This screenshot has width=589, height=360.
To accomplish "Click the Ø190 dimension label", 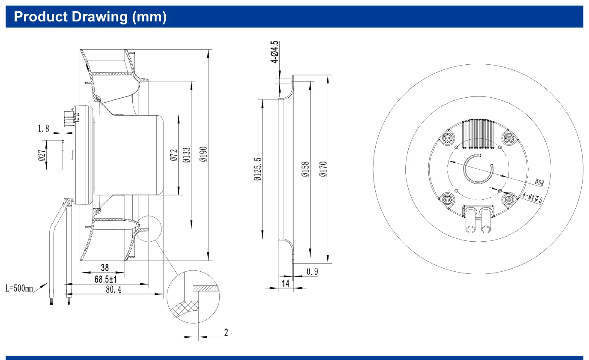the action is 203,154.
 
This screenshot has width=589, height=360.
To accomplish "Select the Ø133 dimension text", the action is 186,155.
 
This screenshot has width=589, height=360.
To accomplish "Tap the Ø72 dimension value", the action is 174,155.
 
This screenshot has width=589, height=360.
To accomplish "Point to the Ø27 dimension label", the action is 42,155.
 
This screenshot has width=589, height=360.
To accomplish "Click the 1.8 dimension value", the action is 43,129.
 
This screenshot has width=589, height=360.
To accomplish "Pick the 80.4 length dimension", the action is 114,289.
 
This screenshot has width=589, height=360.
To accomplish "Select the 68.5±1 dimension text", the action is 105,279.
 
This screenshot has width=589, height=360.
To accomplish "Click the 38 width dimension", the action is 105,267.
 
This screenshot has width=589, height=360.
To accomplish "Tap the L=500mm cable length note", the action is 19,288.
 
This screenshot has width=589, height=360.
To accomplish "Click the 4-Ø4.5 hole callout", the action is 274,52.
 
